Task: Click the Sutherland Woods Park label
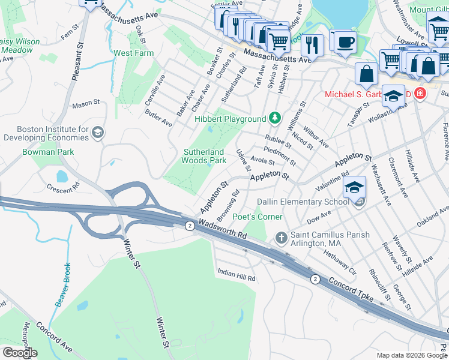pyautogui.click(x=204, y=156)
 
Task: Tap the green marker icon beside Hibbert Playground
pyautogui.click(x=275, y=118)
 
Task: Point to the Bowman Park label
pyautogui.click(x=48, y=152)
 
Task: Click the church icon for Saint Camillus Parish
pyautogui.click(x=281, y=238)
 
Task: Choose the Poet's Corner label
pyautogui.click(x=258, y=217)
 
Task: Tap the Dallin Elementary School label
pyautogui.click(x=303, y=202)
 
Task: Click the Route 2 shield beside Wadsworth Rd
pyautogui.click(x=189, y=225)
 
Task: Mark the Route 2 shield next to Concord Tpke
pyautogui.click(x=315, y=279)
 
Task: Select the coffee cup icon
pyautogui.click(x=344, y=42)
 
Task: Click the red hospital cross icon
pyautogui.click(x=419, y=94)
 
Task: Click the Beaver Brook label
pyautogui.click(x=64, y=284)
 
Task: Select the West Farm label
pyautogui.click(x=134, y=53)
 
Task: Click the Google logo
pyautogui.click(x=20, y=352)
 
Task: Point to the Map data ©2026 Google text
pyautogui.click(x=411, y=355)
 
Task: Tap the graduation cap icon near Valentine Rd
pyautogui.click(x=354, y=187)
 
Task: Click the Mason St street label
pyautogui.click(x=86, y=104)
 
